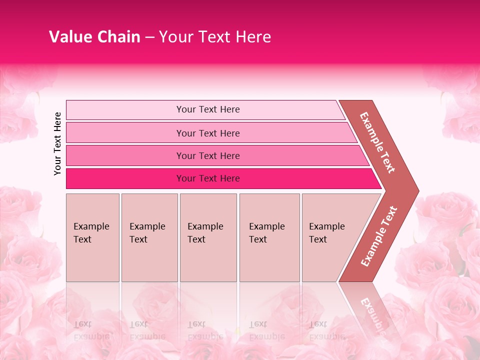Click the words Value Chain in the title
[94, 37]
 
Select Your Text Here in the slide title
[215, 37]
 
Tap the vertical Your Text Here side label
[57, 143]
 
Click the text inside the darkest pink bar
[208, 178]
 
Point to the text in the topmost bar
[208, 109]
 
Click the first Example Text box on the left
[92, 237]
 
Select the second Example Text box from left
[149, 237]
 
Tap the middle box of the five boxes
[208, 237]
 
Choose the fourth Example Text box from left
[269, 237]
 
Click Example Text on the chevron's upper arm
[377, 142]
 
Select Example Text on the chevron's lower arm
[379, 236]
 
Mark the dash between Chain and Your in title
[149, 37]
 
